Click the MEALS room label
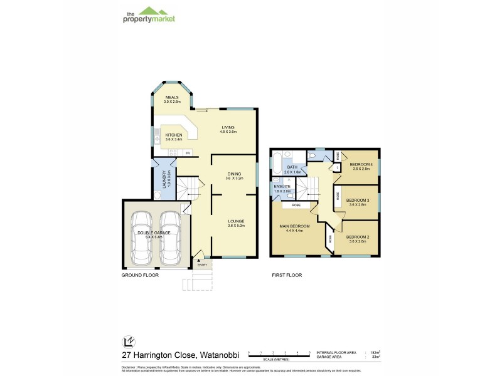(172, 98)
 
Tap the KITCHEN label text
(173, 135)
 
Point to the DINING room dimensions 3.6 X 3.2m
(233, 179)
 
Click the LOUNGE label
(235, 221)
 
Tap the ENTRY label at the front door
(202, 264)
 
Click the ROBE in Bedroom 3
(338, 196)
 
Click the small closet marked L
(338, 167)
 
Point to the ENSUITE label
(282, 187)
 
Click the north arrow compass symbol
(129, 342)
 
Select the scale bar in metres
(279, 356)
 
